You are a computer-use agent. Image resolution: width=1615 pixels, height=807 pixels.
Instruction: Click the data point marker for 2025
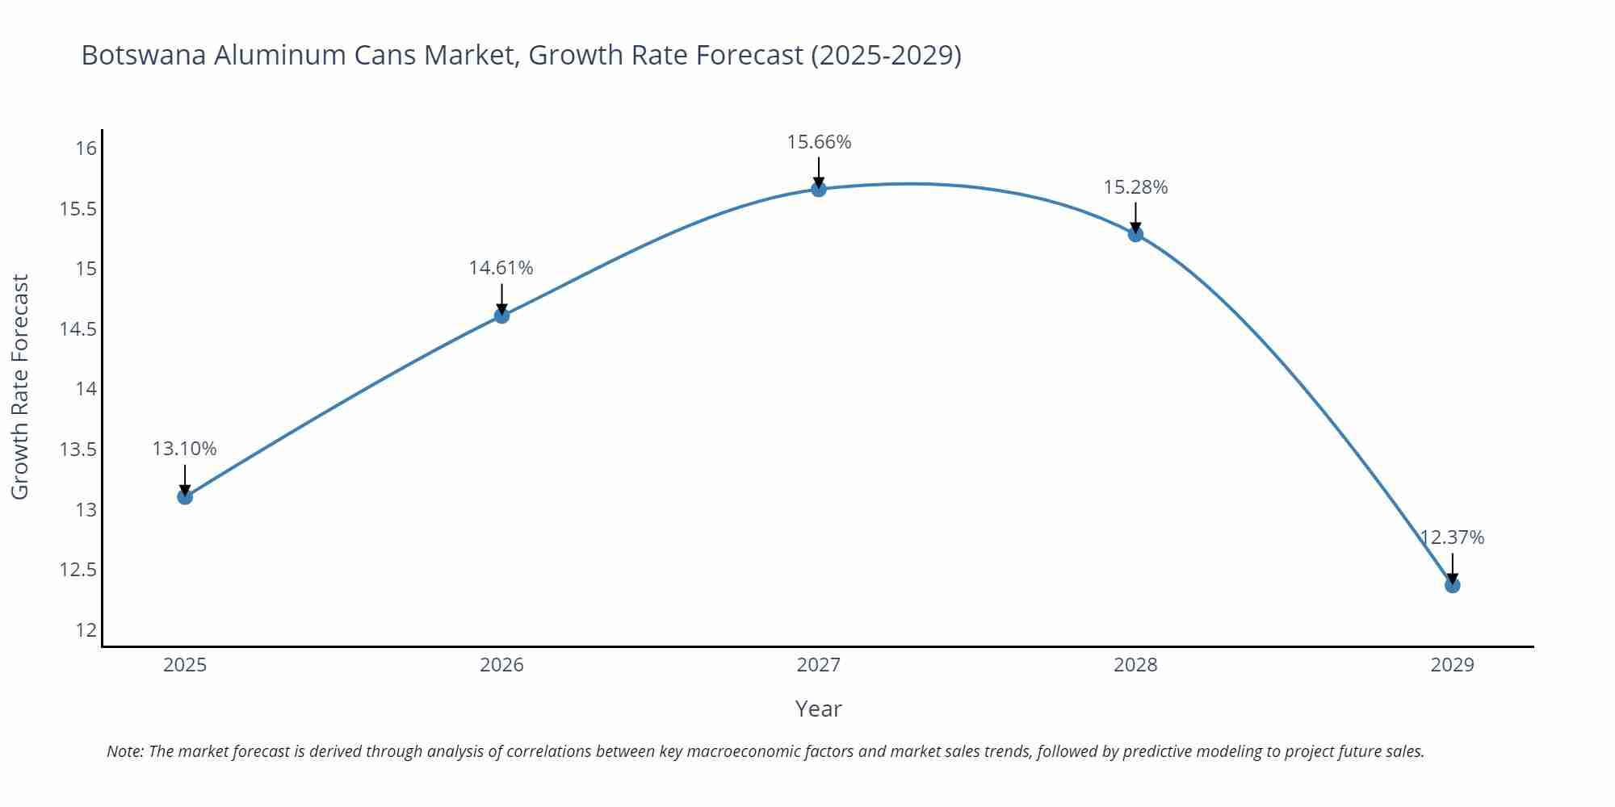[x=185, y=496]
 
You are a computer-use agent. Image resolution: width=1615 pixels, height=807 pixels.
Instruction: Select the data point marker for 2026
[x=501, y=316]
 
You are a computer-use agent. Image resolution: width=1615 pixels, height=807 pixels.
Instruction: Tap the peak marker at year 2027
[x=819, y=189]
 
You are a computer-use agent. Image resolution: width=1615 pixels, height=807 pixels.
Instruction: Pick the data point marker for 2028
[x=1135, y=234]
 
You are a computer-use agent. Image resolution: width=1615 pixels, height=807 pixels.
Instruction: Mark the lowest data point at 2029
[x=1452, y=584]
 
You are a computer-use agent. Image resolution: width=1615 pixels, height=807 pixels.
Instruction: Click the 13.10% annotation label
[x=185, y=449]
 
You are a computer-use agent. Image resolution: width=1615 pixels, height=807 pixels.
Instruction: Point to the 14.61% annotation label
[x=501, y=268]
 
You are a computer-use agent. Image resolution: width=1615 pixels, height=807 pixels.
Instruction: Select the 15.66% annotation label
[x=819, y=142]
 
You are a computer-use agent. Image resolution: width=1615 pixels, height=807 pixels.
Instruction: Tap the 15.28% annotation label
[x=1135, y=187]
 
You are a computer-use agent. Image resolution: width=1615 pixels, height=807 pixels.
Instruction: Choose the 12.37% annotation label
[x=1452, y=537]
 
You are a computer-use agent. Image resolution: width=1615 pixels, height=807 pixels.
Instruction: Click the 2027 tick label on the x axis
[x=819, y=665]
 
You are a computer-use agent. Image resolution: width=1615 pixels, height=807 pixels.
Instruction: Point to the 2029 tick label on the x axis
[x=1452, y=665]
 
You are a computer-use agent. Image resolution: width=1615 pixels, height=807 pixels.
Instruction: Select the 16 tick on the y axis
[x=86, y=148]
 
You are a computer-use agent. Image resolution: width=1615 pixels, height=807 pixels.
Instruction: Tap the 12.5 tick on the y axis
[x=78, y=570]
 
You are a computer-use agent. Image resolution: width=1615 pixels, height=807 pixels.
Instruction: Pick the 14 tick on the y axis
[x=86, y=389]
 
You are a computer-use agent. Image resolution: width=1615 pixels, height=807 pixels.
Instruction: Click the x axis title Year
[x=819, y=709]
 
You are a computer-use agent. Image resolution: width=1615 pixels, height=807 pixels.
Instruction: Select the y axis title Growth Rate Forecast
[x=20, y=387]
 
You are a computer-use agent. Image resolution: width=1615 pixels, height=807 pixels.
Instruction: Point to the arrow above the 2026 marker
[x=501, y=299]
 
